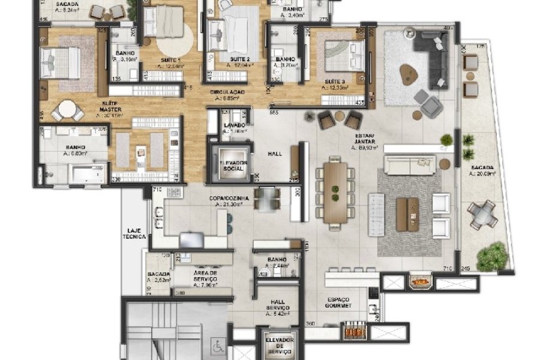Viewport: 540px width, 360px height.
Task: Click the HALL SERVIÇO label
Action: [x=277, y=310]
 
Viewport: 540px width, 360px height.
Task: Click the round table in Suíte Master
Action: [x=67, y=109]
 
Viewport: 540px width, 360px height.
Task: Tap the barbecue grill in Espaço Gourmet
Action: [x=354, y=331]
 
